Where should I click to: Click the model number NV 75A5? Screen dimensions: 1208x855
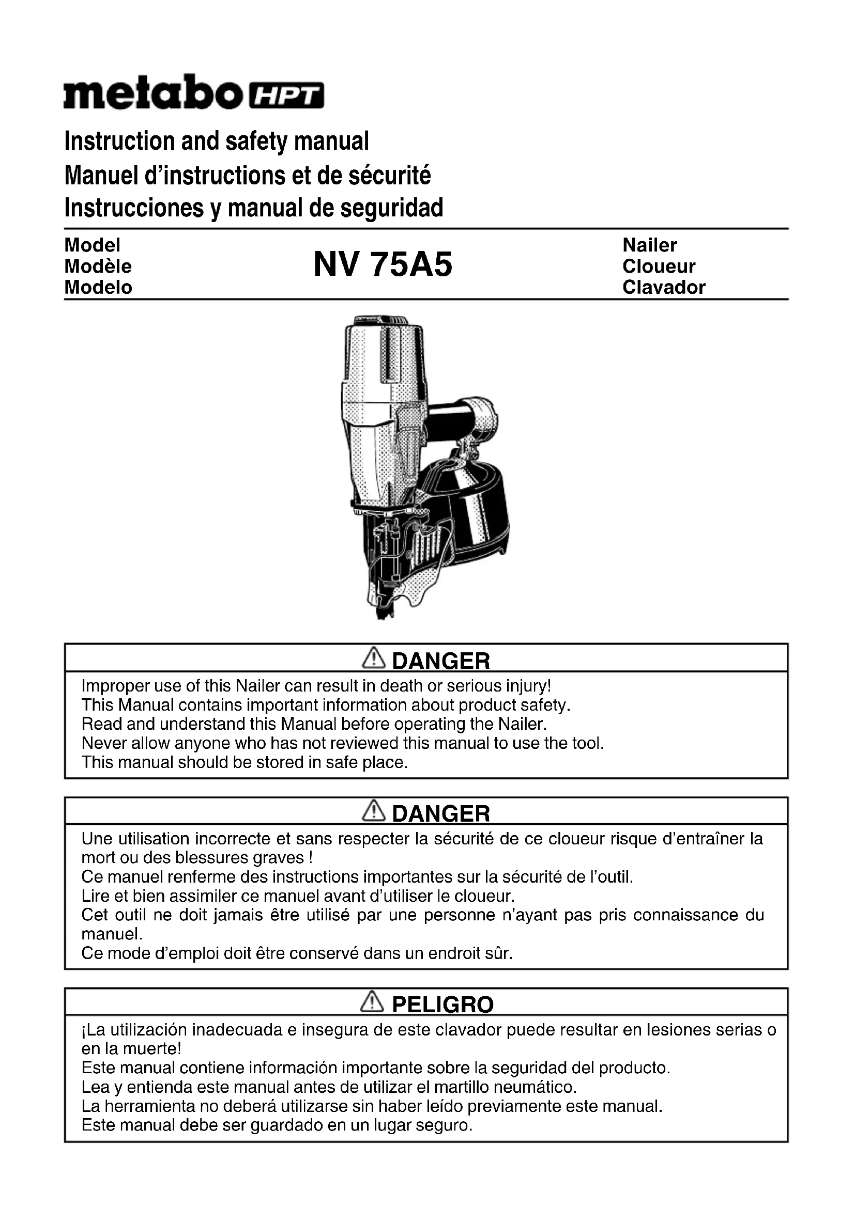click(383, 264)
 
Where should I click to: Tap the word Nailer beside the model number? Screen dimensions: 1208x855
click(650, 245)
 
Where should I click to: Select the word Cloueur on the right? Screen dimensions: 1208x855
click(659, 266)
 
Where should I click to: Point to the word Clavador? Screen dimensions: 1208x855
click(663, 287)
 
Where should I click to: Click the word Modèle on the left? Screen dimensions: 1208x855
click(98, 266)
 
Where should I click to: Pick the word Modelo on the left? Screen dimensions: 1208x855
click(98, 287)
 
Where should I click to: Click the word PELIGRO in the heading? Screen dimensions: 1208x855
click(443, 1005)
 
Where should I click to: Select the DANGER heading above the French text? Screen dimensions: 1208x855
click(440, 813)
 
